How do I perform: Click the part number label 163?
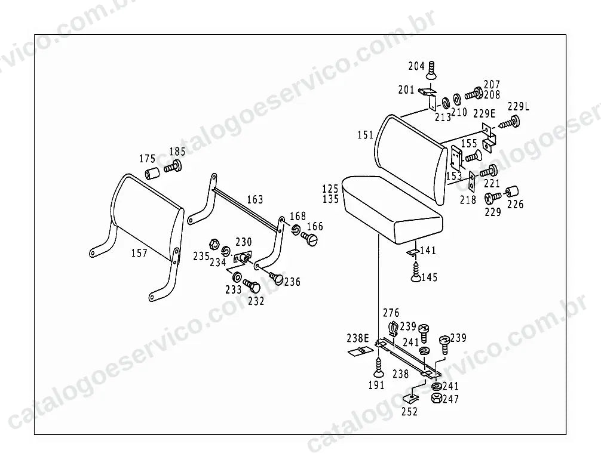255,199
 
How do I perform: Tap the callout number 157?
139,253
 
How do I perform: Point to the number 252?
409,412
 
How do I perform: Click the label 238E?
358,338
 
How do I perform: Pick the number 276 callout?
391,313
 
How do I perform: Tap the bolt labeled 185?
173,167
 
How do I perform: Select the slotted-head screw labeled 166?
309,239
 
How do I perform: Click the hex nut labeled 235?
214,243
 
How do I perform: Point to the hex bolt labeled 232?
252,286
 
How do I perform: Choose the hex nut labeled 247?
436,398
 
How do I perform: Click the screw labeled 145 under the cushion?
416,271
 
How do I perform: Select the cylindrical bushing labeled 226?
512,192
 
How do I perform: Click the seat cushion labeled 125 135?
393,207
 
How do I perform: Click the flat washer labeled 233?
237,276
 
